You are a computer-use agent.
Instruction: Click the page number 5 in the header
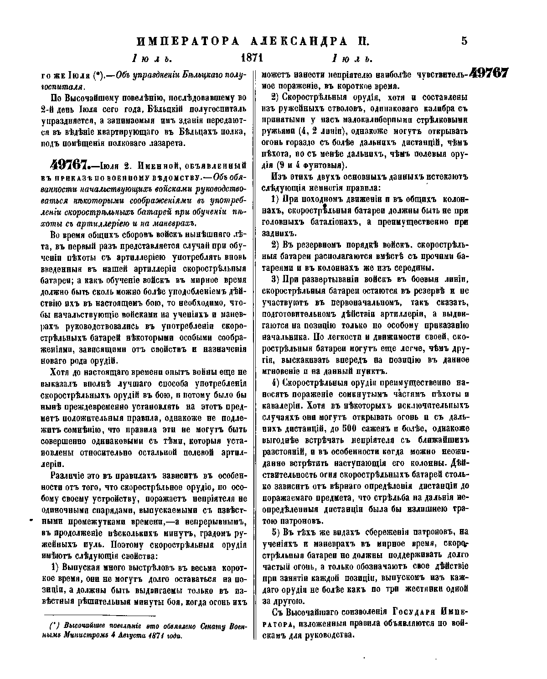click(464, 41)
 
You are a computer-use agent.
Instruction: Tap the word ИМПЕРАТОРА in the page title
click(188, 41)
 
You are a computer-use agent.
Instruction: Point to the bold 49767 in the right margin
click(489, 74)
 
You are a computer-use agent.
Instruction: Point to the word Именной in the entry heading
click(137, 165)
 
